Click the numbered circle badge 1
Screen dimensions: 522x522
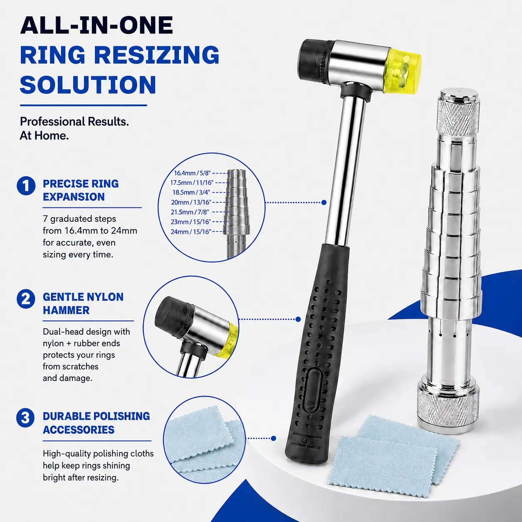[26, 186]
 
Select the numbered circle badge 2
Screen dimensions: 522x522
[26, 299]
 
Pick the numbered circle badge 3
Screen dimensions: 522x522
[26, 418]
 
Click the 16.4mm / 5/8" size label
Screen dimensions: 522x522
[192, 173]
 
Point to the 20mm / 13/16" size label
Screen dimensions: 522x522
[191, 202]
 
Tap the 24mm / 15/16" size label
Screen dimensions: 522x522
[191, 231]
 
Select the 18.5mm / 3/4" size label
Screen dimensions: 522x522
[191, 192]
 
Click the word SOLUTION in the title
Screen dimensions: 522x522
[88, 85]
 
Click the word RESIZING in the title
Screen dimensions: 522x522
[157, 55]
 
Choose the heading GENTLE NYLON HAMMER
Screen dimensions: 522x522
[83, 303]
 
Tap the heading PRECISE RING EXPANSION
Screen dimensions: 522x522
[81, 190]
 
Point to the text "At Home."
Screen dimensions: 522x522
[44, 136]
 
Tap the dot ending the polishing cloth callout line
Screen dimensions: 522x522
[273, 438]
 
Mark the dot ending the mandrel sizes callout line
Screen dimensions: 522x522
[324, 202]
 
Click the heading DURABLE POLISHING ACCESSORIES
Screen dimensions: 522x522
[96, 423]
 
